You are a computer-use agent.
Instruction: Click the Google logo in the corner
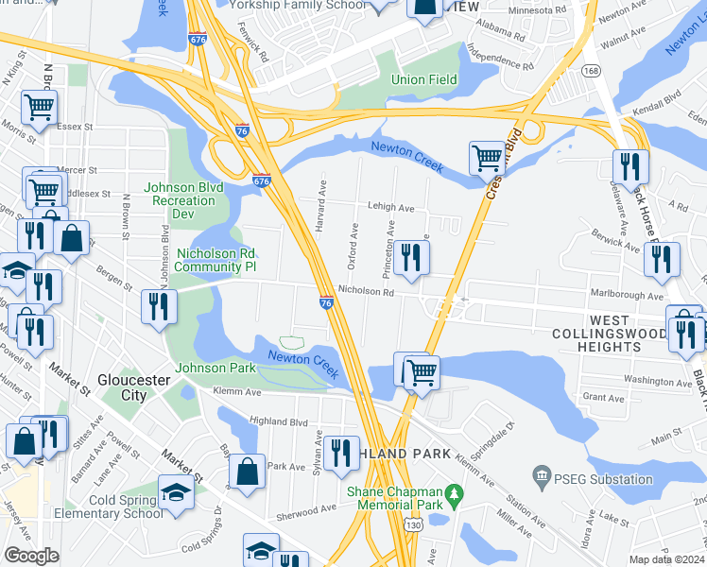[x=30, y=556]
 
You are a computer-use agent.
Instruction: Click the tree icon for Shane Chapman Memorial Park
[x=455, y=494]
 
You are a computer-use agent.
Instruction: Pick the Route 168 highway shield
[x=591, y=71]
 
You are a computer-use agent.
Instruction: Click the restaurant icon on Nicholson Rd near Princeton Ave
[x=411, y=259]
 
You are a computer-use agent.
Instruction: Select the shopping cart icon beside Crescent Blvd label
[x=487, y=158]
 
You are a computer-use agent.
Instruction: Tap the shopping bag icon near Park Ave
[x=247, y=472]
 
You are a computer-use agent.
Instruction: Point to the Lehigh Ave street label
[x=391, y=208]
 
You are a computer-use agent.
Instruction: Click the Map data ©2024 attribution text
[x=667, y=559]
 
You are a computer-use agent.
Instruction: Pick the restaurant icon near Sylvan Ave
[x=339, y=453]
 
